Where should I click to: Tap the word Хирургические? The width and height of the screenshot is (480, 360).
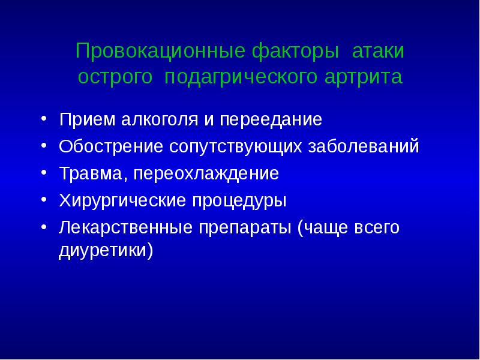[120, 202]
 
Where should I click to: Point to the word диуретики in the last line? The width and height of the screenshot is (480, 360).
[103, 250]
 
